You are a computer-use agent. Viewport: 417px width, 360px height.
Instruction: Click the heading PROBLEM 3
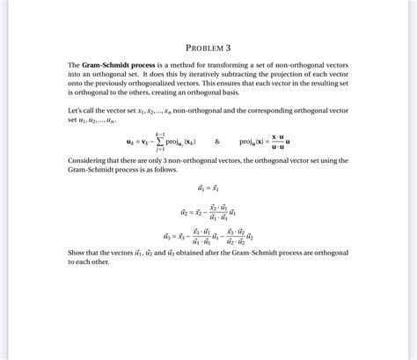click(208, 47)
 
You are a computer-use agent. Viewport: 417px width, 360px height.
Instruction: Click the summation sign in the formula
click(158, 140)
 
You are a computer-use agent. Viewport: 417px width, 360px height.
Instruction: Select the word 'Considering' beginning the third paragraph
click(89, 161)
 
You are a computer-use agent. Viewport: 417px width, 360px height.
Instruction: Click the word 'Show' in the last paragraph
click(78, 253)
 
